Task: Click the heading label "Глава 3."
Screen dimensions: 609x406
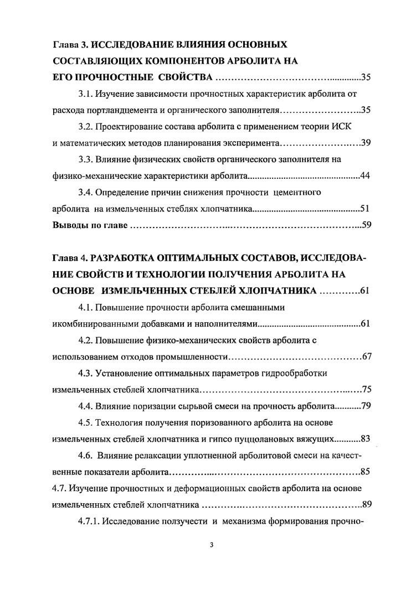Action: [x=70, y=43]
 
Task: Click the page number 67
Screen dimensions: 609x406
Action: [x=366, y=356]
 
